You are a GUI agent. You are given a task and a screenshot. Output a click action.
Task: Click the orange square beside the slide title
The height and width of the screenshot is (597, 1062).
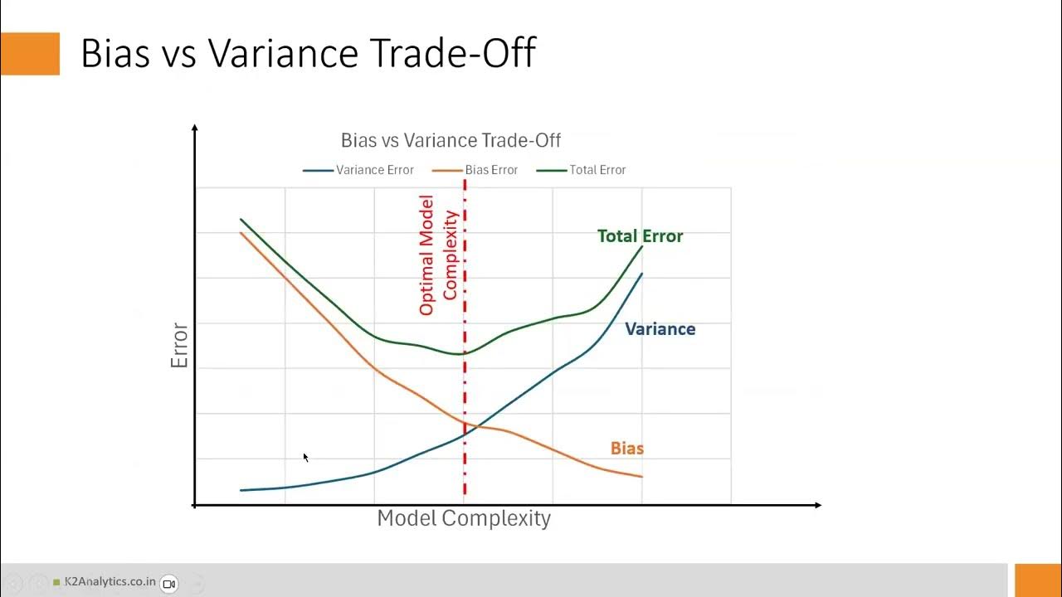pyautogui.click(x=30, y=53)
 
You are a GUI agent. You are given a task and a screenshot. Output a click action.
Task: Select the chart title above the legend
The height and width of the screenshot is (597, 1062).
pyautogui.click(x=451, y=140)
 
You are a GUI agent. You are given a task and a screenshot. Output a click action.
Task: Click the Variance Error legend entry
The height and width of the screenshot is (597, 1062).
pyautogui.click(x=358, y=170)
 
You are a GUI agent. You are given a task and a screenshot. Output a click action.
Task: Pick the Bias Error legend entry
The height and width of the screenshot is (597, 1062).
pyautogui.click(x=475, y=170)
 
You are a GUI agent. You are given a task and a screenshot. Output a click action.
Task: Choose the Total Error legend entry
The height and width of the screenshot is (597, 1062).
pyautogui.click(x=582, y=170)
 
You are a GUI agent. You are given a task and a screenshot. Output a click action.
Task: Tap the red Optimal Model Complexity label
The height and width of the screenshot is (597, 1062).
pyautogui.click(x=438, y=255)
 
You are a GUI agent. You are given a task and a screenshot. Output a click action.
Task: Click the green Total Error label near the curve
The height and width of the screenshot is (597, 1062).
pyautogui.click(x=640, y=236)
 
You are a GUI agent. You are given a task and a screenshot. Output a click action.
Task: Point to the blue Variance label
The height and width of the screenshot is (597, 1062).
pyautogui.click(x=660, y=329)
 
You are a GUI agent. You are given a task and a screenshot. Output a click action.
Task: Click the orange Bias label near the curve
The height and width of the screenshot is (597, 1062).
pyautogui.click(x=626, y=449)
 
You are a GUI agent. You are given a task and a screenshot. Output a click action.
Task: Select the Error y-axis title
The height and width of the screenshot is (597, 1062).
pyautogui.click(x=180, y=346)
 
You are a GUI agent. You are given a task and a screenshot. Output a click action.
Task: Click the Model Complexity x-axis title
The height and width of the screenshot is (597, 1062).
pyautogui.click(x=463, y=518)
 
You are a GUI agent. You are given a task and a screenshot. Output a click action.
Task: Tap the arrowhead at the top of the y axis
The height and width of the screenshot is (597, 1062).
pyautogui.click(x=195, y=129)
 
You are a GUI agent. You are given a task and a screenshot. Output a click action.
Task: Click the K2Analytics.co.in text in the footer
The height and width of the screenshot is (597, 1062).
pyautogui.click(x=109, y=582)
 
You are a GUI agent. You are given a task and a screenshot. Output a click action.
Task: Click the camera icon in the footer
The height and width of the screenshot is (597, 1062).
pyautogui.click(x=168, y=584)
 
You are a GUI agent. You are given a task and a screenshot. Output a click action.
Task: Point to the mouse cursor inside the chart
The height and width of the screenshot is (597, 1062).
pyautogui.click(x=305, y=457)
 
